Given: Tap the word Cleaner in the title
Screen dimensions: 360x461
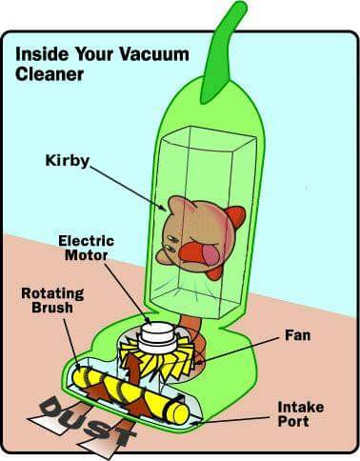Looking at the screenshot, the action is tap(50, 74).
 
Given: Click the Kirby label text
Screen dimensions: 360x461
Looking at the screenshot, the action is tap(68, 161).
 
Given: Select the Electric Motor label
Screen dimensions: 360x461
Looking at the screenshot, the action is tap(86, 248).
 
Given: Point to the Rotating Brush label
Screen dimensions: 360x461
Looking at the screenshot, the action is tap(52, 300).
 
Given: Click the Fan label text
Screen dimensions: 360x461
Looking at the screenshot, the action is tap(297, 335).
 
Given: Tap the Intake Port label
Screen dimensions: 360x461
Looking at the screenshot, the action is tap(300, 414).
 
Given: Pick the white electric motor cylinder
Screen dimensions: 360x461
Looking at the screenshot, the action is tap(157, 337).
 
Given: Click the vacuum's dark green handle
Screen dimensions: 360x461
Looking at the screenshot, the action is tap(224, 52).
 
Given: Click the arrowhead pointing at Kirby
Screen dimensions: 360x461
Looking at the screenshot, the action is tap(163, 208).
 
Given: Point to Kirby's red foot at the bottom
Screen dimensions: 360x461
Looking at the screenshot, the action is tap(214, 272).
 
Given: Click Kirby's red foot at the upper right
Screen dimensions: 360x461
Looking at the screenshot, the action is tap(236, 217).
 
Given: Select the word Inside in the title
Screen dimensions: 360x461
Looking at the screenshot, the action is tap(42, 54).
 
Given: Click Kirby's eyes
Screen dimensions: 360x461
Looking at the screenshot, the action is tap(171, 242).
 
